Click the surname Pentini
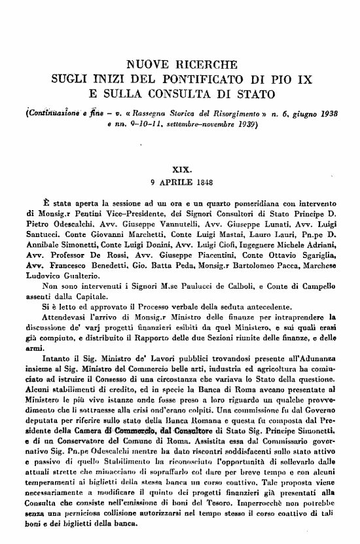(x=73, y=213)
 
